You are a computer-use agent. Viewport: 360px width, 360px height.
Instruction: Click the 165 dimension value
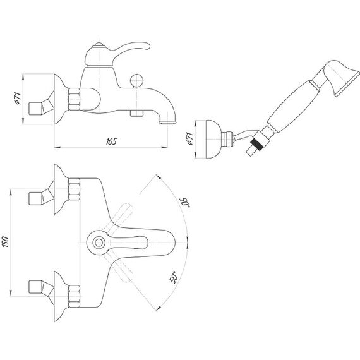(111, 141)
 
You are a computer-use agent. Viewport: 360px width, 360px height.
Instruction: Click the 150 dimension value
(5, 242)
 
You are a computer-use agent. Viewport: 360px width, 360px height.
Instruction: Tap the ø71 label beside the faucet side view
(18, 99)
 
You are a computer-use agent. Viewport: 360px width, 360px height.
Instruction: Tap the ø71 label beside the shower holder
(189, 138)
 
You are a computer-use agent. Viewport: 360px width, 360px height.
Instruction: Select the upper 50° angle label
(184, 202)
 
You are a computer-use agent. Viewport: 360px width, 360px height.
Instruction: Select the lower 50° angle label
(174, 277)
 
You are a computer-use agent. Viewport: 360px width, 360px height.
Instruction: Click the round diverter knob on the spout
(136, 81)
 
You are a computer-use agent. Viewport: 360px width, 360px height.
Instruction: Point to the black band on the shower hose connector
(256, 145)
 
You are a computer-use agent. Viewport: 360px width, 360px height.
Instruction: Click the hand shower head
(342, 78)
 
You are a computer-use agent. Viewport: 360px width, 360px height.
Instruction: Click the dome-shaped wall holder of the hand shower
(213, 139)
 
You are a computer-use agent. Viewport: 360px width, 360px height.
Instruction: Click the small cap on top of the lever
(99, 45)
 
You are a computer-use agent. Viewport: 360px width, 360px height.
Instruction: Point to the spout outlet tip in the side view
(168, 123)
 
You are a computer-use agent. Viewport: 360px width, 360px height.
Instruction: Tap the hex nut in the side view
(75, 99)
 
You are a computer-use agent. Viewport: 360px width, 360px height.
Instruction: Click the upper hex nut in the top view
(75, 189)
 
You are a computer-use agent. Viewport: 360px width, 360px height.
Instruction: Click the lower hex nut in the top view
(75, 296)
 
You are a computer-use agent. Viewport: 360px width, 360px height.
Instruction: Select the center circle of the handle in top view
(99, 243)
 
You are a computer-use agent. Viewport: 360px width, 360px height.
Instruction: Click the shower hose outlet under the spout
(136, 113)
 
